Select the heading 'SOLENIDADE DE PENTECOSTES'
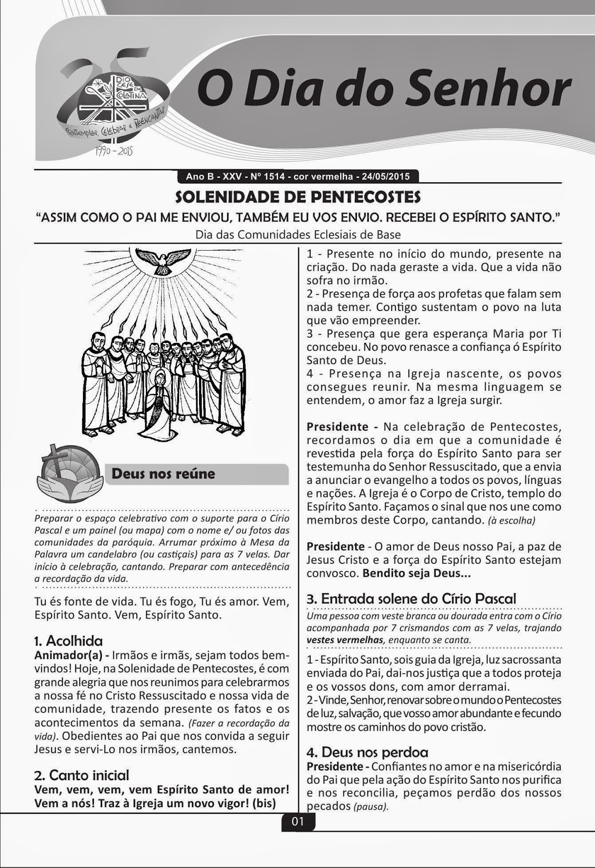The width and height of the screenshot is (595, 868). (x=297, y=196)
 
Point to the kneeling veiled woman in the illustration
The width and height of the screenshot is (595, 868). (x=161, y=403)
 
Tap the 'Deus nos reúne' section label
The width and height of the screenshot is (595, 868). (x=163, y=474)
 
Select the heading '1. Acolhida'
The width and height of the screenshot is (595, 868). (x=68, y=641)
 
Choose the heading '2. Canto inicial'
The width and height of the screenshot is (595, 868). (x=82, y=775)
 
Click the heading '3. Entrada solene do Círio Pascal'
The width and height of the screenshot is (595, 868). (x=411, y=599)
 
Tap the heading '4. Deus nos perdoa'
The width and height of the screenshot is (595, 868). (x=367, y=752)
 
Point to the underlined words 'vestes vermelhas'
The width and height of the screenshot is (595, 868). (x=345, y=640)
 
